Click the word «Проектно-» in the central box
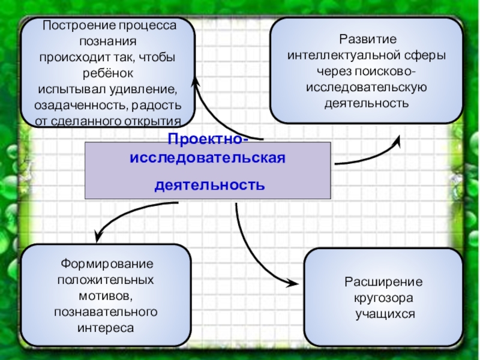click(206, 140)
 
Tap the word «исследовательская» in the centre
click(207, 160)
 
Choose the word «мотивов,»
click(106, 296)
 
